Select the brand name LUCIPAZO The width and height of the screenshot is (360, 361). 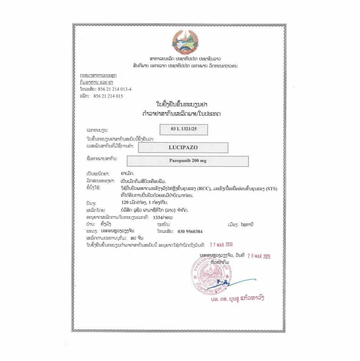pos(183,147)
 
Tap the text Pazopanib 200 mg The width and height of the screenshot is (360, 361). pos(187,161)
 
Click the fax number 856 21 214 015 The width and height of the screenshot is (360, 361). pos(108,96)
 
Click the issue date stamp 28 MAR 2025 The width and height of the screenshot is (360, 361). pos(259,257)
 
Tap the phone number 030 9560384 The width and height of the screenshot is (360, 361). pos(190,232)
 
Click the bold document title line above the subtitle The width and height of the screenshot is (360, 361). pos(182,104)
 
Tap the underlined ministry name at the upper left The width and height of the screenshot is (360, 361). pos(98,76)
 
